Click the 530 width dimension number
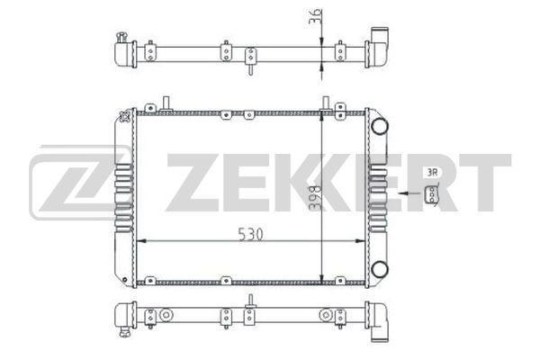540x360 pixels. coord(252,234)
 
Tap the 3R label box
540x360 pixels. coord(432,172)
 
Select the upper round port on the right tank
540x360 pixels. coord(379,125)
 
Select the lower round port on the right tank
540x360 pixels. coord(379,268)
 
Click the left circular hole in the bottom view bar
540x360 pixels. coord(166,315)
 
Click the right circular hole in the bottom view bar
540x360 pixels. coord(325,315)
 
